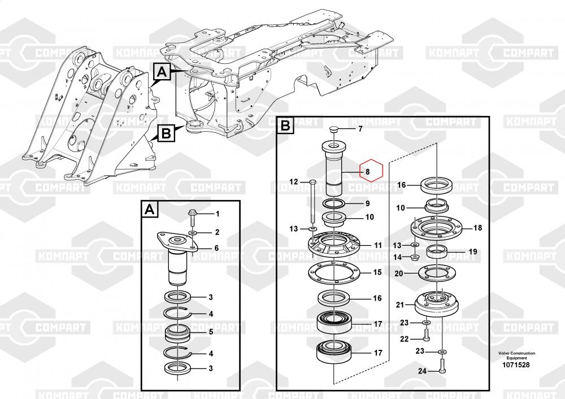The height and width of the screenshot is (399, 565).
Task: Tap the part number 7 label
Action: (x=360, y=129)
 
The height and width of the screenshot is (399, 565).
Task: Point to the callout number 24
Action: (x=422, y=371)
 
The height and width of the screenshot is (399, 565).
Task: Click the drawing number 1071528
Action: (x=517, y=365)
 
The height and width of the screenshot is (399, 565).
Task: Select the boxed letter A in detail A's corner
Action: (x=150, y=210)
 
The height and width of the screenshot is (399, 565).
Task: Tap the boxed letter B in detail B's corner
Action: (x=285, y=125)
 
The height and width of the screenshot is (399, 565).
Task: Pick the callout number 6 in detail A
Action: (x=216, y=248)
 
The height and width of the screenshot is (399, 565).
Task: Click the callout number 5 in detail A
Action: (x=211, y=332)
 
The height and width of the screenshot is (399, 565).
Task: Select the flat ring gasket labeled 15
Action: (x=334, y=273)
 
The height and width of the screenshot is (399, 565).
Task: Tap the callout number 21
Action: (x=400, y=305)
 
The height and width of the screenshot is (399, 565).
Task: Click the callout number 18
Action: (x=477, y=228)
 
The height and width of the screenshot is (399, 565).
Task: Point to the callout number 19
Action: (x=473, y=251)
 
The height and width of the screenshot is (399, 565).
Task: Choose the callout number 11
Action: (x=377, y=245)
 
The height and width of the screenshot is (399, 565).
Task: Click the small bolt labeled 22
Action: (x=425, y=335)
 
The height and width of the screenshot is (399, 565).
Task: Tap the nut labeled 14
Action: (x=415, y=257)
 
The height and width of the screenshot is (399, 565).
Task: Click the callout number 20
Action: (x=398, y=274)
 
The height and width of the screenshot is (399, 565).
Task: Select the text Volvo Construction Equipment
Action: (x=517, y=355)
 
